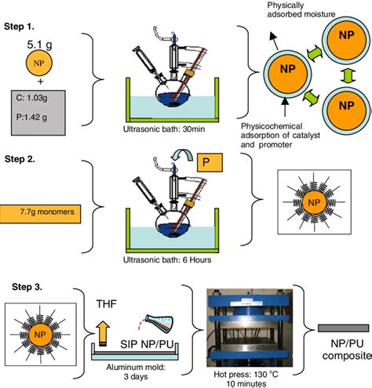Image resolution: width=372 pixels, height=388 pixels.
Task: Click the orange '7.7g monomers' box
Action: [x=42, y=212]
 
